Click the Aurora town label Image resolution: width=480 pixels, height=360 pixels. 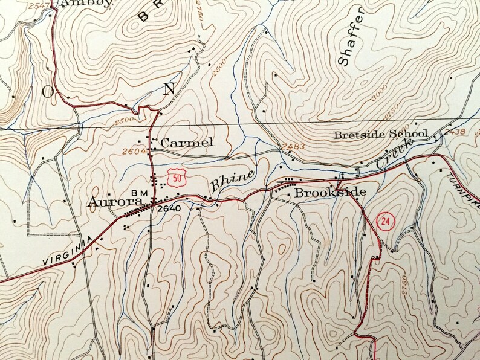[x=115, y=202]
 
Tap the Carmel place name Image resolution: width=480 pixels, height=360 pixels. [x=187, y=143]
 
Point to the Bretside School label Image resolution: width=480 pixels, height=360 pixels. [x=381, y=134]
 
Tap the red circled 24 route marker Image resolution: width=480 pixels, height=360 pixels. [x=384, y=222]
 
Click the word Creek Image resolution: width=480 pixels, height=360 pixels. [x=394, y=153]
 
